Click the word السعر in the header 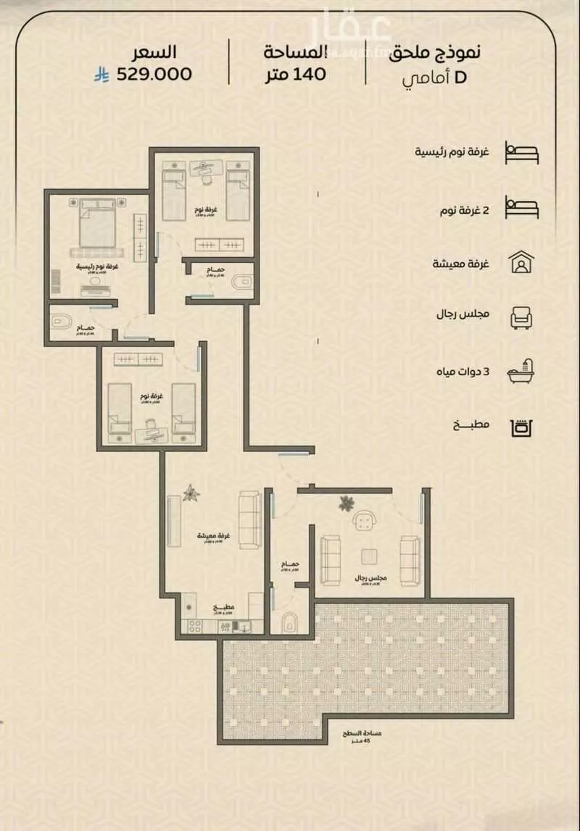(x=154, y=52)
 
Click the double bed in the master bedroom (x=96, y=225)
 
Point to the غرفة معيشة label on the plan (x=214, y=535)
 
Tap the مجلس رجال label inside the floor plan (x=370, y=579)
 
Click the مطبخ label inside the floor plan (x=223, y=607)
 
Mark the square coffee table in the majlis (x=370, y=556)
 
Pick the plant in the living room (x=191, y=493)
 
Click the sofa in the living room (x=249, y=519)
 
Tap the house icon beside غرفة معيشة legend (x=521, y=262)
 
